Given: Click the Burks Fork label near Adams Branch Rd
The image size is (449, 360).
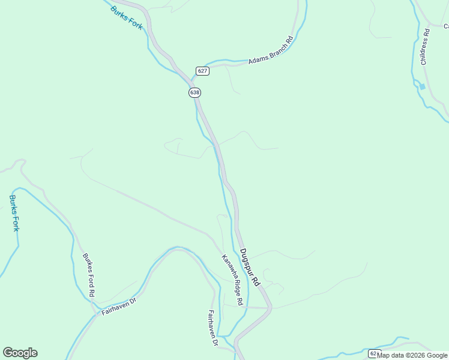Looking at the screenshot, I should [126, 17].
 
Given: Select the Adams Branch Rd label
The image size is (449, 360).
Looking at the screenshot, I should [270, 50].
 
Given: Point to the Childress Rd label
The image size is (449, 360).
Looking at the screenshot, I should [424, 47].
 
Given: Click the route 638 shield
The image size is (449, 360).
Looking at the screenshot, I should [194, 92].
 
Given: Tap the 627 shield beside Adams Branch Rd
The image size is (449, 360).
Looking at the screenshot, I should [202, 71].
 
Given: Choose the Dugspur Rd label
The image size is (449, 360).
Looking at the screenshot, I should [249, 267].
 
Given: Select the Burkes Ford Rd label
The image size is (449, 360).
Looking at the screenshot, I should [88, 275].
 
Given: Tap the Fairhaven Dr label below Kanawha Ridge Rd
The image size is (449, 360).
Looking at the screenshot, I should [212, 328].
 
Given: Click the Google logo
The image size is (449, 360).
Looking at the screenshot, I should [20, 352].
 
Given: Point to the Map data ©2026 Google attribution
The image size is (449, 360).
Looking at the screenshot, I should [412, 355].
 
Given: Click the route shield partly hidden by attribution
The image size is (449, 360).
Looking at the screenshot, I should [373, 353].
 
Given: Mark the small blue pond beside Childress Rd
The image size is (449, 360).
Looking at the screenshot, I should [422, 86].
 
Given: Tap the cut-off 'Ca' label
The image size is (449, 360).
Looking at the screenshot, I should [445, 26].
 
